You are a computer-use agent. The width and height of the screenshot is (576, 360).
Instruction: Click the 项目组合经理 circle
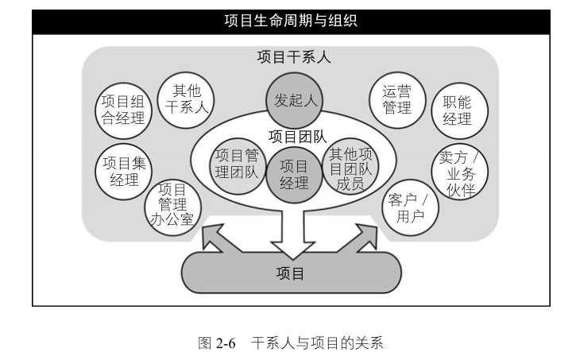tap(123, 110)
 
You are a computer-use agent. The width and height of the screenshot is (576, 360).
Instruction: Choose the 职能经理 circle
tap(457, 110)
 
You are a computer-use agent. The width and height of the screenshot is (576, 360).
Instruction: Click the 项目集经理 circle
tap(123, 171)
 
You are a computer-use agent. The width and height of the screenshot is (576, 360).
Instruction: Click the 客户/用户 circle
tap(409, 207)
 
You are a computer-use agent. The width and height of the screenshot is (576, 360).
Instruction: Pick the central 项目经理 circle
tap(294, 175)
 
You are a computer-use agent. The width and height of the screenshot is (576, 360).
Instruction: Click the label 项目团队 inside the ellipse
tap(298, 137)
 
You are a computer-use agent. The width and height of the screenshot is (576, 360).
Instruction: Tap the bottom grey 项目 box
tap(290, 273)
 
